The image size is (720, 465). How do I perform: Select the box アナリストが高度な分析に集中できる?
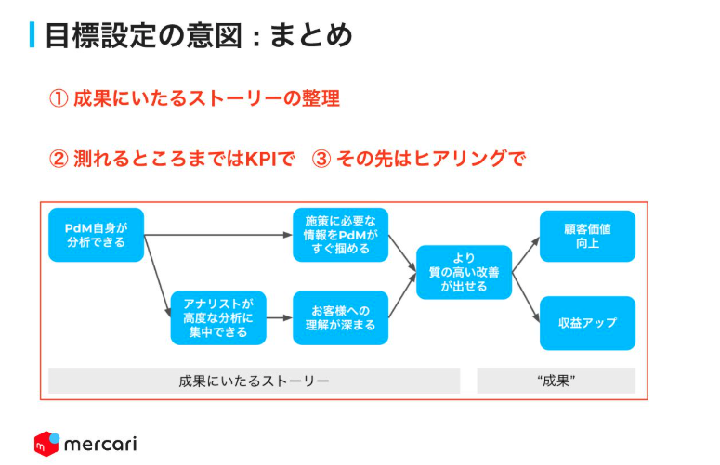[x=217, y=318]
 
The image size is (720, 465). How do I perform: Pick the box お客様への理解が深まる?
[x=340, y=318]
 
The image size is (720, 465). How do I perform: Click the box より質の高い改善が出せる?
[x=464, y=272]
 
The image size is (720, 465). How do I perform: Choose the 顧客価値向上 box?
[x=587, y=236]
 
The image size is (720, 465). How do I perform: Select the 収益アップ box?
[x=587, y=323]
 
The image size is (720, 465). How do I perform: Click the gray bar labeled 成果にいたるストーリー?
[x=254, y=381]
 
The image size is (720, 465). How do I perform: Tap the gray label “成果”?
[x=556, y=381]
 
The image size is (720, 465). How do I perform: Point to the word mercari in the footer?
[x=100, y=444]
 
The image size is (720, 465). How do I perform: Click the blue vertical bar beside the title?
[x=33, y=35]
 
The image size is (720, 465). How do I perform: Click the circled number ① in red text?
[x=58, y=98]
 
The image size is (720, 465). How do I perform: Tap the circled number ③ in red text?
[x=321, y=159]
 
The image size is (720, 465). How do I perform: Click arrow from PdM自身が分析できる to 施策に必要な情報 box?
[x=218, y=236]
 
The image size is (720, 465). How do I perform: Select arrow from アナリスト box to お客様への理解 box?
[x=279, y=318]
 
